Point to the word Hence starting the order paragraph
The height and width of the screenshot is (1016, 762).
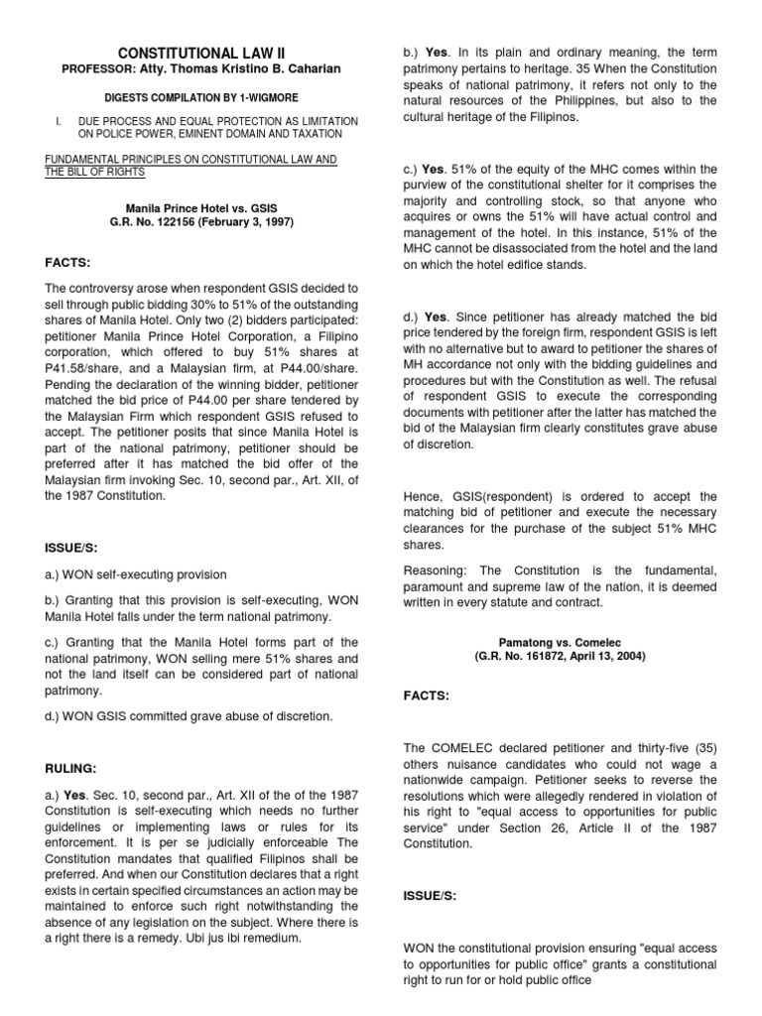coord(424,496)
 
